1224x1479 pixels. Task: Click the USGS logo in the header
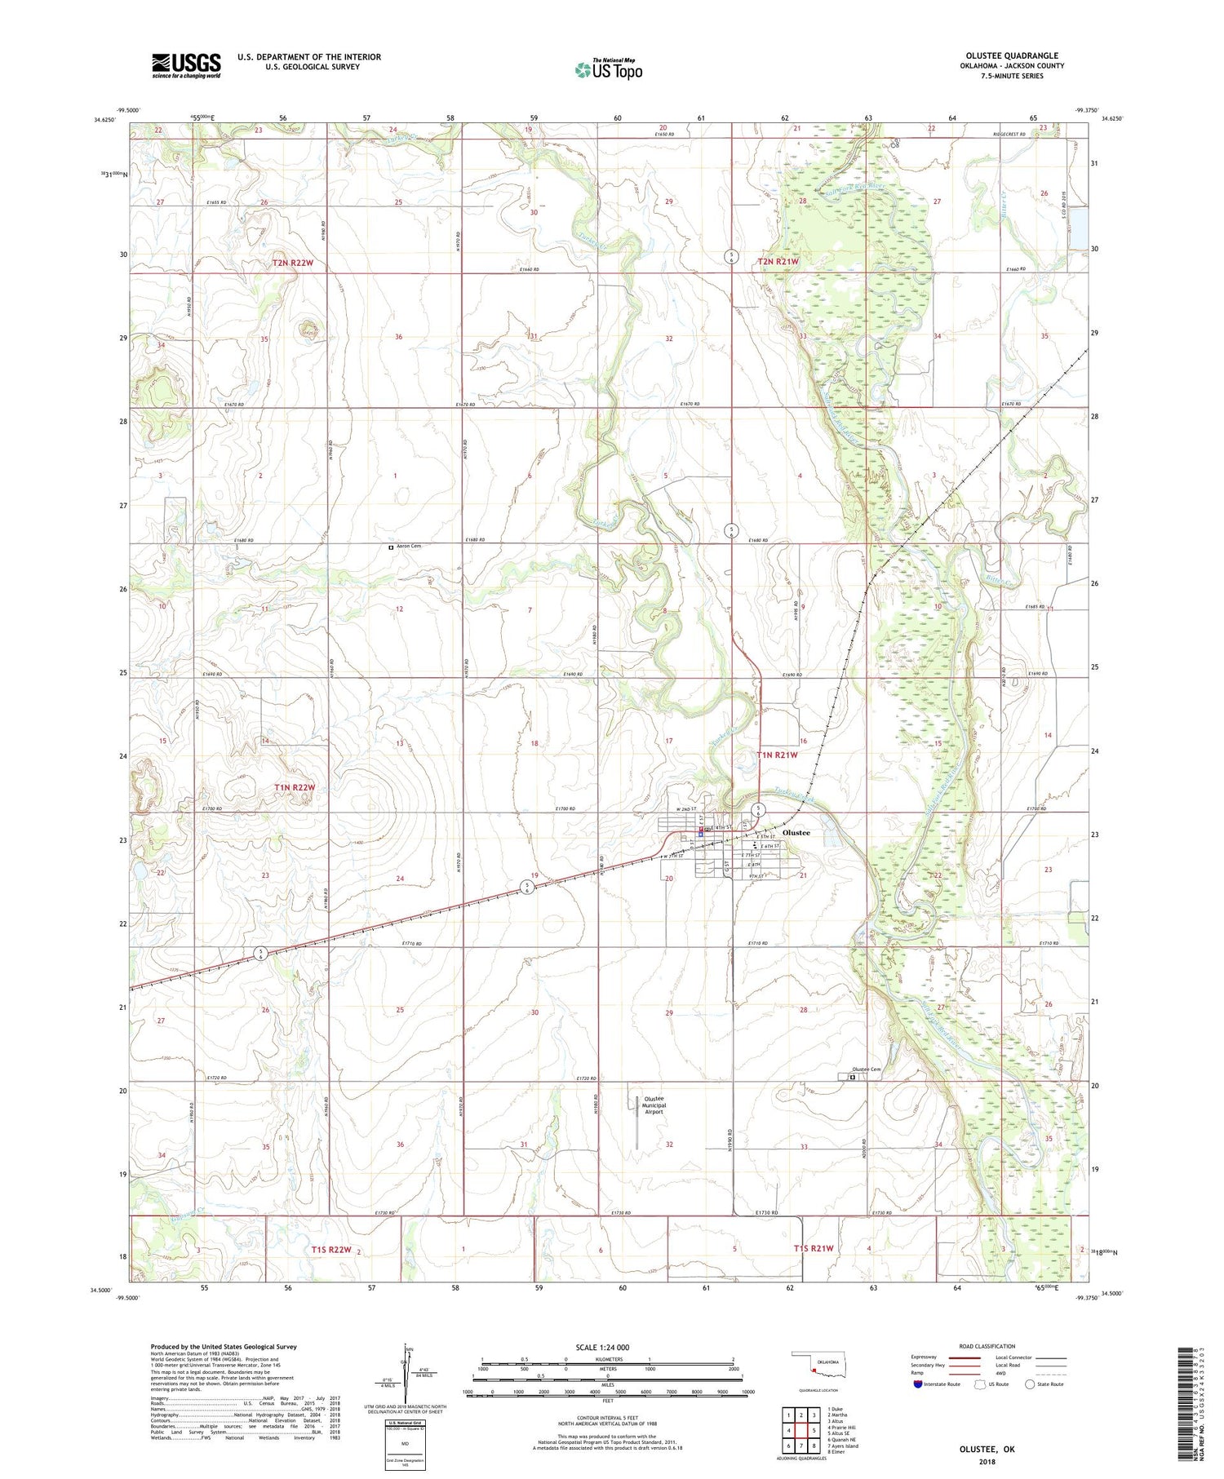(186, 65)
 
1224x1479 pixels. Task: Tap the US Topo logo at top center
(608, 69)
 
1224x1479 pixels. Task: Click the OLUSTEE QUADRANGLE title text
(1011, 55)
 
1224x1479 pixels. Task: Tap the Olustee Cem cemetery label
(866, 1069)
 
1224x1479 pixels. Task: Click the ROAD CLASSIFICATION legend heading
(987, 1346)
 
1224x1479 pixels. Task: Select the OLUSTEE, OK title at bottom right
(987, 1450)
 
